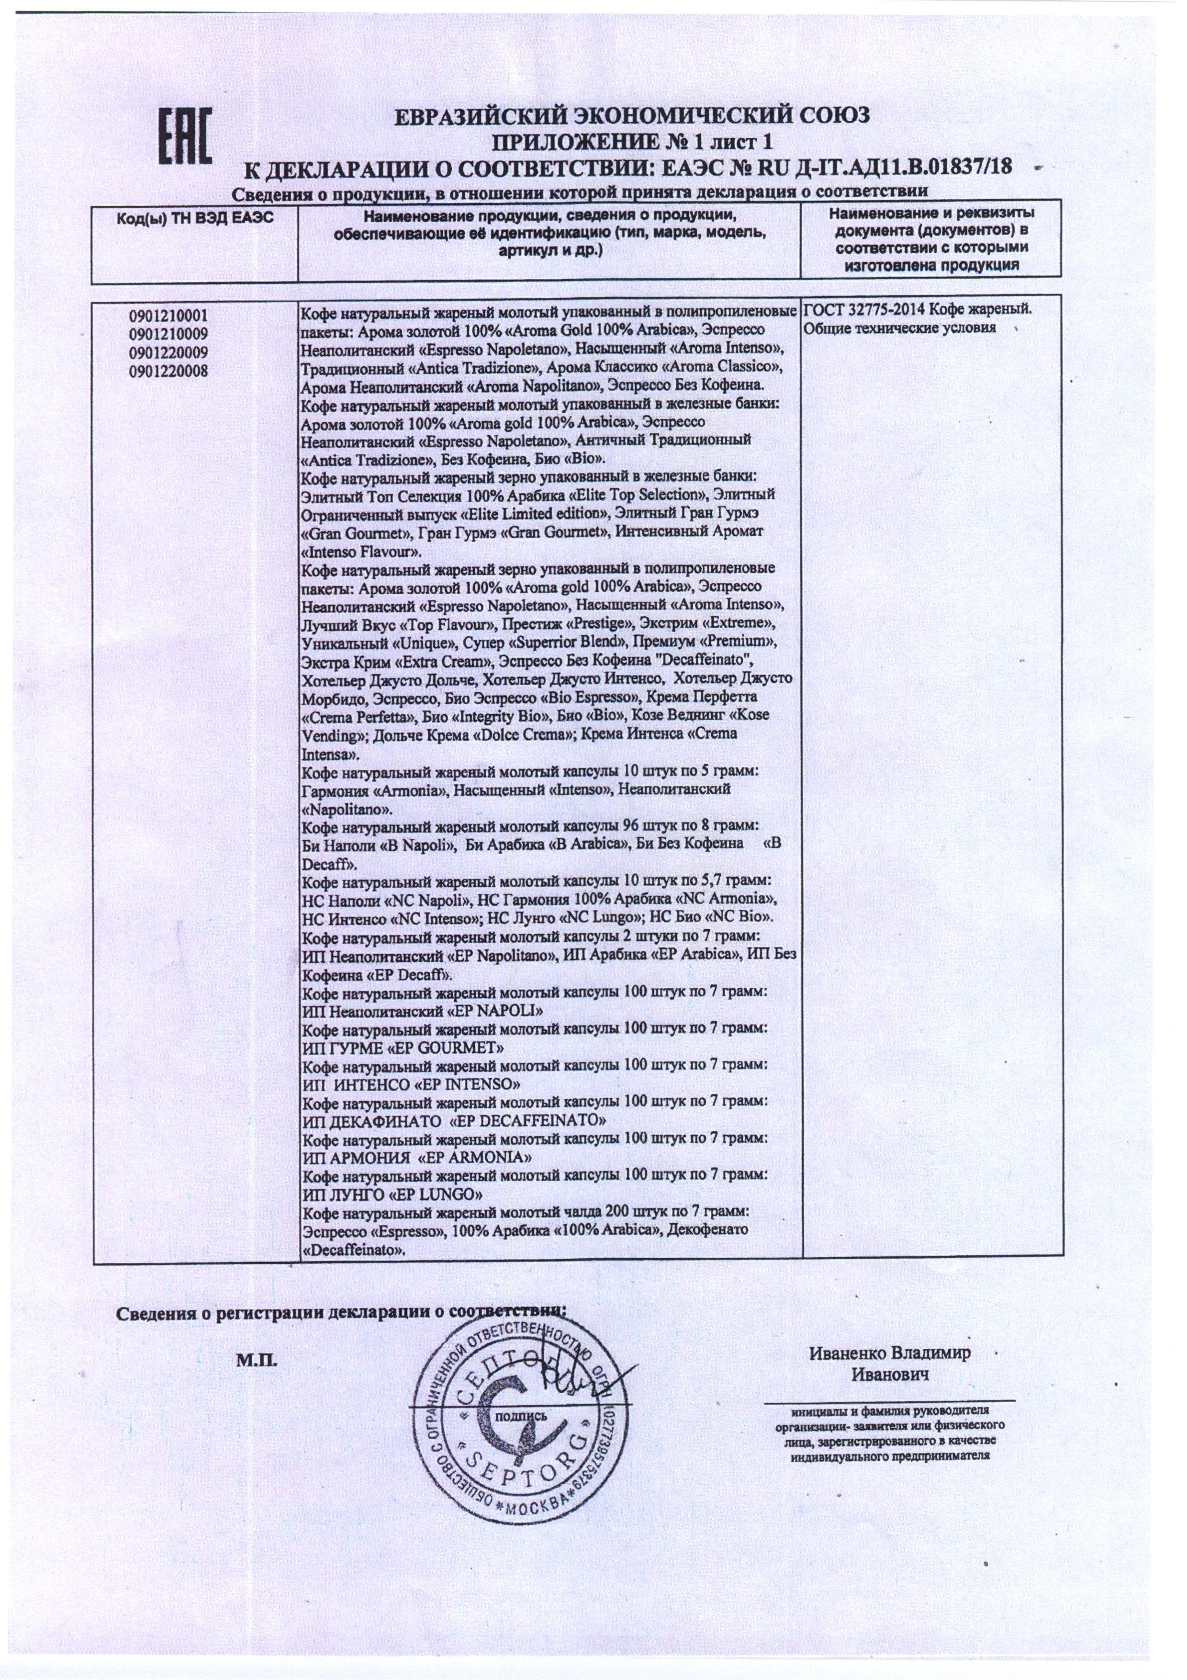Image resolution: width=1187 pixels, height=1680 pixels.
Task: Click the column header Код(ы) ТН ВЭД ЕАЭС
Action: [x=194, y=217]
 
